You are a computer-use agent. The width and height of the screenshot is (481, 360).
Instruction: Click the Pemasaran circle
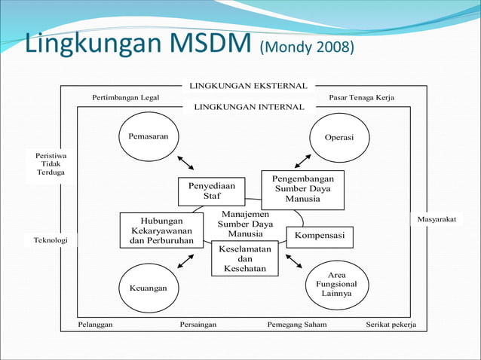(x=148, y=137)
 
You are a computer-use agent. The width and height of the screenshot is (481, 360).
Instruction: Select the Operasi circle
(x=339, y=138)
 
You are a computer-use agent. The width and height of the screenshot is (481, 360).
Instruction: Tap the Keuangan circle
(x=148, y=288)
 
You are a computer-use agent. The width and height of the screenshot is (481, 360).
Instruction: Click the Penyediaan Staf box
(x=212, y=191)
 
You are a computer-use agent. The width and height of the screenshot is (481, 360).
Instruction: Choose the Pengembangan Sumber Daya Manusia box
(x=302, y=189)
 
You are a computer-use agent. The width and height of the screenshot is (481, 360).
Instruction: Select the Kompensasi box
(x=320, y=236)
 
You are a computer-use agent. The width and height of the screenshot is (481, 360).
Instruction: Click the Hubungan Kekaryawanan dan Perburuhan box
(x=162, y=230)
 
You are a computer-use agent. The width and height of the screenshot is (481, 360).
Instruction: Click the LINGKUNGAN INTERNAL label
(x=249, y=107)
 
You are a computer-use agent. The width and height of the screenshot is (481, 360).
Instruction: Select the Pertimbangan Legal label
(x=126, y=98)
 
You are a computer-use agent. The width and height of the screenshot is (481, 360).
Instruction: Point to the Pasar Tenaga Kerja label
(x=361, y=98)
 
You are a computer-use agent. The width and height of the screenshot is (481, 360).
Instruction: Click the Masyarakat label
(x=438, y=219)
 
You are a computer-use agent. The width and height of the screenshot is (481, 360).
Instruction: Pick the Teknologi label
(x=51, y=240)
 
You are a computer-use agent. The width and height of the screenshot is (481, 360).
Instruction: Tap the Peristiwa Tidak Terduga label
(x=51, y=163)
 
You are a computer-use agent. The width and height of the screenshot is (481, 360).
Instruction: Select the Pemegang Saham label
(x=298, y=325)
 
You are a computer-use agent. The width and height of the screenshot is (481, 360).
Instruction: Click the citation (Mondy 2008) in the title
(x=307, y=48)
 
